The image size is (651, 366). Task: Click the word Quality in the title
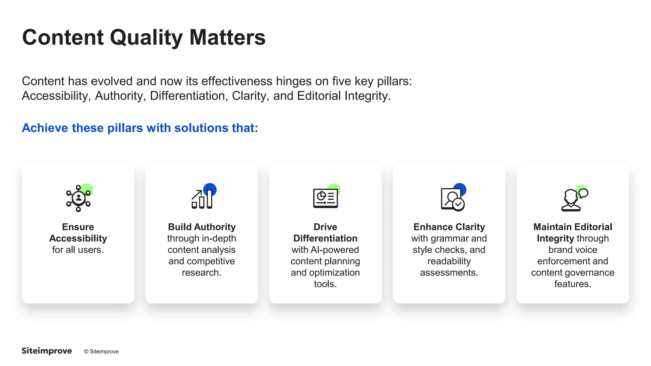(146, 38)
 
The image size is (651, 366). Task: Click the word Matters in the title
(227, 37)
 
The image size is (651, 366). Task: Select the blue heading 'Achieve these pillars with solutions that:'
(140, 128)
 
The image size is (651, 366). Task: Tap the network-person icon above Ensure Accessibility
(79, 198)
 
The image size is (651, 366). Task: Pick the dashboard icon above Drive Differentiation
(325, 198)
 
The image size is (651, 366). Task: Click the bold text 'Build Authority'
(202, 227)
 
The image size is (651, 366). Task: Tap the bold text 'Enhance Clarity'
(449, 227)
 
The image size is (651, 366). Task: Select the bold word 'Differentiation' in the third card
(325, 238)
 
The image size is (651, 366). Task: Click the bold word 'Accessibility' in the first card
(78, 238)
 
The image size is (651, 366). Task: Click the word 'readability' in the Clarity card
(449, 261)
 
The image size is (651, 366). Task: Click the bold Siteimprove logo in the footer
(47, 351)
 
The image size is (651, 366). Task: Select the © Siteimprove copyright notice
(101, 351)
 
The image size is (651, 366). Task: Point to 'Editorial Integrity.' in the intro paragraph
(344, 96)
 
